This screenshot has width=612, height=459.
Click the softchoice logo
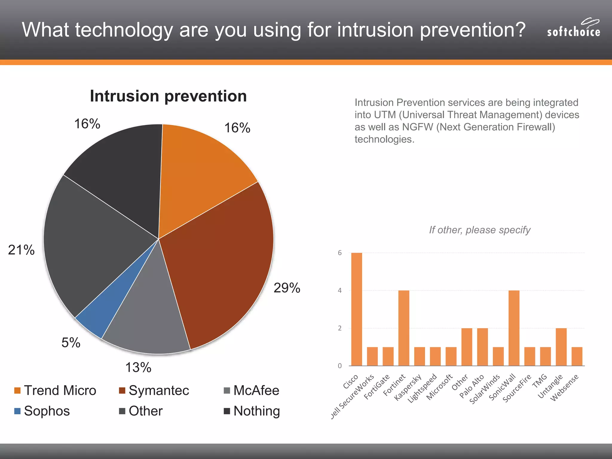click(x=573, y=29)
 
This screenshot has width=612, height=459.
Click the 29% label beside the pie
click(x=287, y=288)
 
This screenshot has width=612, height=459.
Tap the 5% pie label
click(x=71, y=342)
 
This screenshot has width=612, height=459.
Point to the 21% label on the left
click(x=21, y=250)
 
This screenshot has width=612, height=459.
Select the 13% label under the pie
click(x=138, y=368)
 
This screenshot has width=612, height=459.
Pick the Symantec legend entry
click(x=154, y=391)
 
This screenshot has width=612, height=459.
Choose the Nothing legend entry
click(x=252, y=411)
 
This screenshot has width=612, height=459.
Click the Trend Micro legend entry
click(x=55, y=391)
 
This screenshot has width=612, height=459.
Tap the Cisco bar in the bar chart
click(x=357, y=309)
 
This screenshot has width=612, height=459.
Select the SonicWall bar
click(x=514, y=328)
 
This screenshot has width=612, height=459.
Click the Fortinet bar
click(x=404, y=328)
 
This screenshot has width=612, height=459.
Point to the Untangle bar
click(x=561, y=347)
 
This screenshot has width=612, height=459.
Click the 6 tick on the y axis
click(x=340, y=253)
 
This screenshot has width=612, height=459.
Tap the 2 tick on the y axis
click(x=340, y=328)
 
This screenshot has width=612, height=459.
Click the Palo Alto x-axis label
click(x=472, y=386)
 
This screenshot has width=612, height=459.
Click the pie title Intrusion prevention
click(x=168, y=96)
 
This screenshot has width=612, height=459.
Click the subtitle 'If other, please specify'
click(x=480, y=230)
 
